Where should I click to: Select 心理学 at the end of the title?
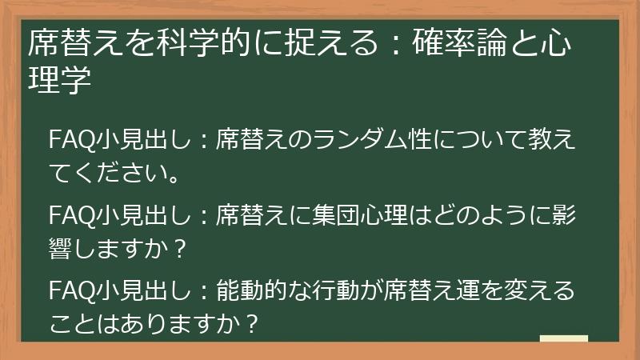coord(56,81)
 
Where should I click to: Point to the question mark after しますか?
coord(179,249)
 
